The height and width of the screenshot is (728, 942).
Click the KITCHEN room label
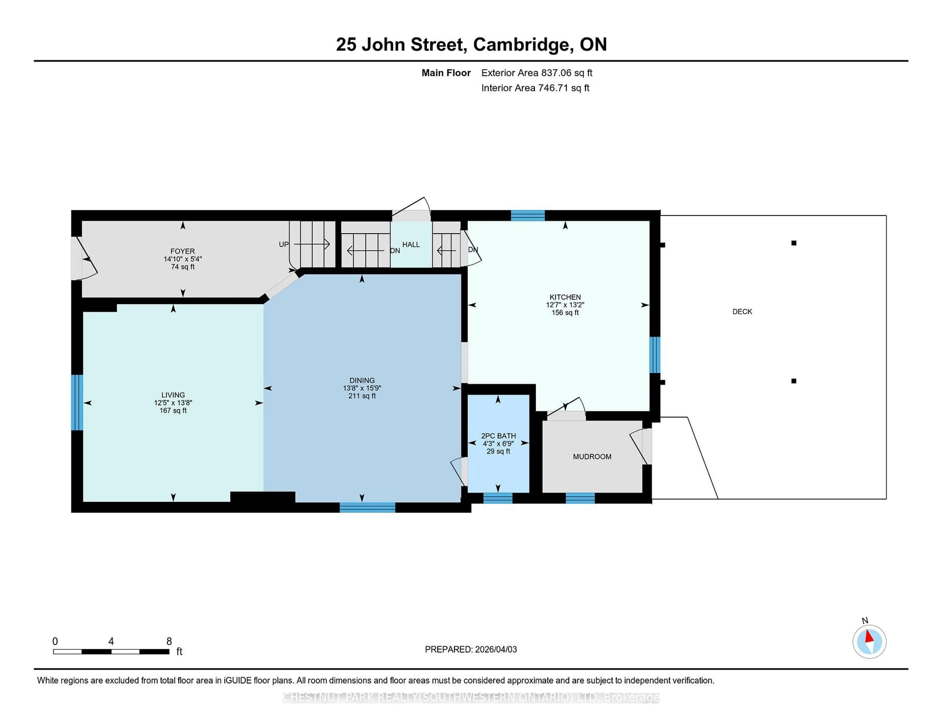pos(565,297)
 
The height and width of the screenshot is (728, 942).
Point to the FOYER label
pos(183,251)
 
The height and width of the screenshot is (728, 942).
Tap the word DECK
pos(742,311)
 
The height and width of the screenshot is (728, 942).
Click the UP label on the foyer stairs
pos(283,244)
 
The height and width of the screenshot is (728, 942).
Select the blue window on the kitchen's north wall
pos(527,215)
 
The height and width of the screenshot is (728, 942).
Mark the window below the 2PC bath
pos(498,498)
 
